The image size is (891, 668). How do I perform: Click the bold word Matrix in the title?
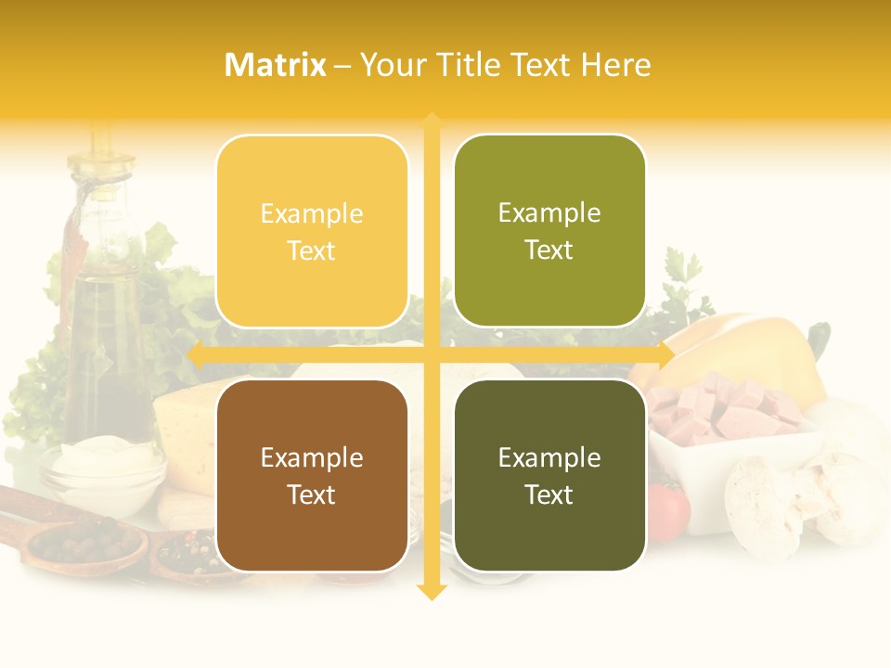click(x=276, y=65)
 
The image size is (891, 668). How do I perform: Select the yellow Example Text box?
click(x=312, y=231)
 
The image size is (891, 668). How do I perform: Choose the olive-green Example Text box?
click(x=549, y=231)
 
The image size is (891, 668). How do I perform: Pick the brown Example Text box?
click(x=312, y=475)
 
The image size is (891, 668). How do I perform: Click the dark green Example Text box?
click(x=549, y=475)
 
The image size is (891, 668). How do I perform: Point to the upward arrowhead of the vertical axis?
click(x=432, y=119)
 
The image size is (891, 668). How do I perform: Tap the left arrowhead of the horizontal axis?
click(x=194, y=354)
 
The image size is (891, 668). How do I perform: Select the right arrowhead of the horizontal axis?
click(x=667, y=354)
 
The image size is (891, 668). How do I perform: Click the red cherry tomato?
click(x=670, y=510)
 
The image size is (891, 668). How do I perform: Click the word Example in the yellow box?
click(x=312, y=213)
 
